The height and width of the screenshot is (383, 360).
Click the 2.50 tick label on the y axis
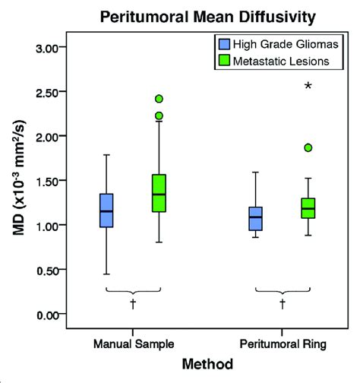(x=46, y=92)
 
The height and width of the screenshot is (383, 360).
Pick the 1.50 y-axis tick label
(x=46, y=181)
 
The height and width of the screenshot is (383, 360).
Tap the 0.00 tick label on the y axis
(x=46, y=314)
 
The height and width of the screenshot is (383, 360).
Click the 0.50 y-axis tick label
(x=46, y=270)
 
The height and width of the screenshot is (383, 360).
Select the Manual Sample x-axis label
(x=133, y=344)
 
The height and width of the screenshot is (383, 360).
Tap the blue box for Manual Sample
(x=107, y=210)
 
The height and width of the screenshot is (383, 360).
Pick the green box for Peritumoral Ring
(x=308, y=208)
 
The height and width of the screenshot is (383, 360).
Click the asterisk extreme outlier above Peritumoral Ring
(x=308, y=87)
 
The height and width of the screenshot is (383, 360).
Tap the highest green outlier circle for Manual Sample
(x=159, y=99)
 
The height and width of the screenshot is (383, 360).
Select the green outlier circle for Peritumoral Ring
(x=308, y=148)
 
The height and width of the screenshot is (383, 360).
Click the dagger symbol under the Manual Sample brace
(x=133, y=303)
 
